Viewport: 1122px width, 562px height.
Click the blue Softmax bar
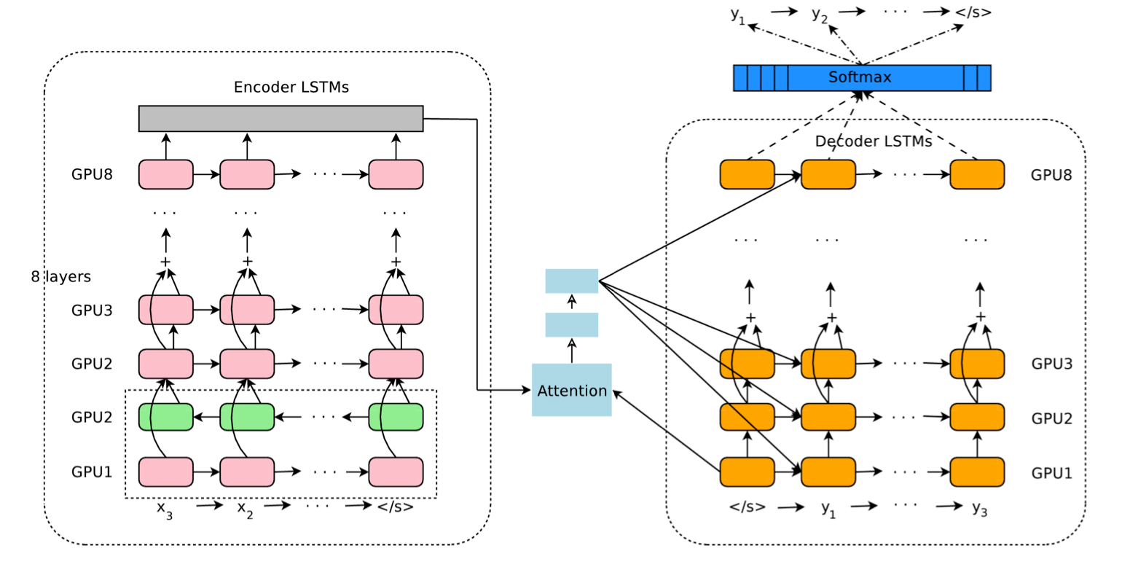861,78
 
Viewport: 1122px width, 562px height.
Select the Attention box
571,390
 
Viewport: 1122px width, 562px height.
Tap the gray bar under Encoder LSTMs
280,118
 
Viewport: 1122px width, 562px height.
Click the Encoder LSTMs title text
291,87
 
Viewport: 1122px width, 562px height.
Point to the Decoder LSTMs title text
873,141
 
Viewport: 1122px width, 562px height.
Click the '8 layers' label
60,277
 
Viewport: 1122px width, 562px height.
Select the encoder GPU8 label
92,175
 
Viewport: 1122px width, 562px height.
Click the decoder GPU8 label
1051,175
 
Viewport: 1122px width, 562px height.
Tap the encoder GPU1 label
92,472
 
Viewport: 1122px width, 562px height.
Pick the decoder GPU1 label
1051,472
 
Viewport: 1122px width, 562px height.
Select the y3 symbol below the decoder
980,509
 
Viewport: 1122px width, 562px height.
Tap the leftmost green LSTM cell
166,417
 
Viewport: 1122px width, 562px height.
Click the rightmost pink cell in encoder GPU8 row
396,174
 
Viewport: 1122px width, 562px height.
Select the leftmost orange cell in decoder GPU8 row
747,174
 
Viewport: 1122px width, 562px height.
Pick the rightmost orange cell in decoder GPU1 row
977,472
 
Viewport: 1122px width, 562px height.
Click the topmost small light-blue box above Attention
571,281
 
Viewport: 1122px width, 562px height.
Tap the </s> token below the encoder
396,505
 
